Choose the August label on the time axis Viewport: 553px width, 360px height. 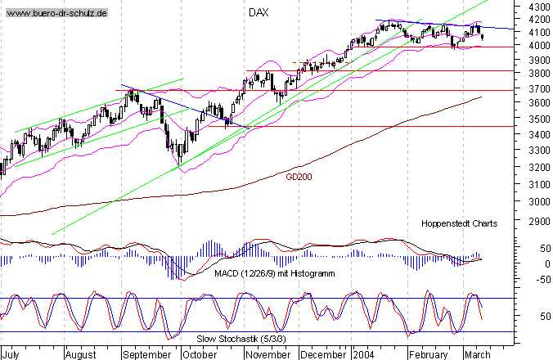click(80, 355)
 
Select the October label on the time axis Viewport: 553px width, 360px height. click(200, 355)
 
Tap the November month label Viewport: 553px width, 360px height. click(268, 355)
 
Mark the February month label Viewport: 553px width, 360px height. click(428, 355)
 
